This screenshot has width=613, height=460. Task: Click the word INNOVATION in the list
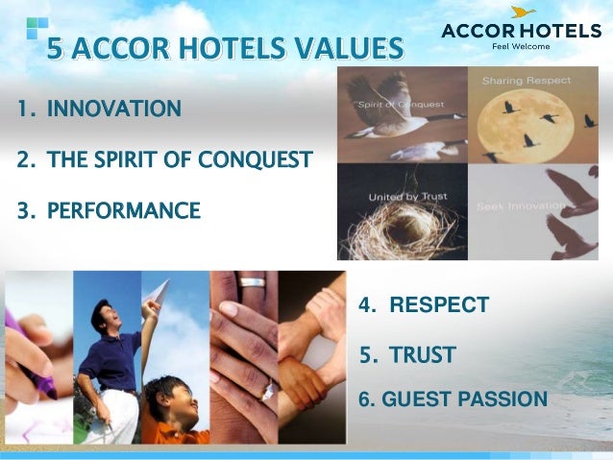tap(113, 107)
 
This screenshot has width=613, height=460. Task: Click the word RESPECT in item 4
tap(438, 305)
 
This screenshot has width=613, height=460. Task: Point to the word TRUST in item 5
tap(423, 355)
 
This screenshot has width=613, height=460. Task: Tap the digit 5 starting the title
tap(57, 47)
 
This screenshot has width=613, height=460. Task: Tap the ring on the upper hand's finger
tap(252, 282)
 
